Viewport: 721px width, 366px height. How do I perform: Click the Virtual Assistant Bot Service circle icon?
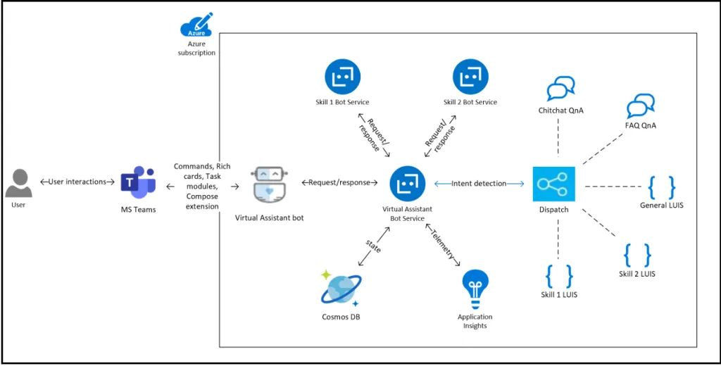tap(407, 184)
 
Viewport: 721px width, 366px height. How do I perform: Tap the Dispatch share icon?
tap(553, 184)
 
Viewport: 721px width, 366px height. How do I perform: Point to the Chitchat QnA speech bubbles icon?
tap(561, 89)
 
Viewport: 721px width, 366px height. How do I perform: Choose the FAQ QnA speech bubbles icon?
tap(641, 106)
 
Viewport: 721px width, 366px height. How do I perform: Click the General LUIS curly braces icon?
tap(661, 187)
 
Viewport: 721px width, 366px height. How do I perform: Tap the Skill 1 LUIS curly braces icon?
tap(559, 276)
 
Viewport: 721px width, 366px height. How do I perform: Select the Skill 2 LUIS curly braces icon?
tap(637, 255)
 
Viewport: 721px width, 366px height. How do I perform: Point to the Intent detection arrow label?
tap(479, 184)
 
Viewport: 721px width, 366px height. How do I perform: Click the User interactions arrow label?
tap(77, 182)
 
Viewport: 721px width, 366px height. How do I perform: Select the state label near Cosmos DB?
tap(373, 246)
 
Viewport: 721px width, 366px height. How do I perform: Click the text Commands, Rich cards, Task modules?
tap(202, 176)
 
